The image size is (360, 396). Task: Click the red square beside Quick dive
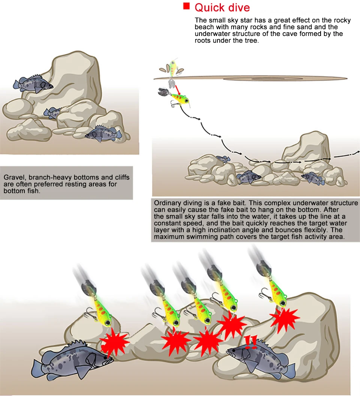coord(186,6)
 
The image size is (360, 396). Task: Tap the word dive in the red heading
coord(238,7)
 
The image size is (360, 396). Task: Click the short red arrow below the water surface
coord(177,90)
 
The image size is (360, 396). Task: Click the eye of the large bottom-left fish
coord(105,358)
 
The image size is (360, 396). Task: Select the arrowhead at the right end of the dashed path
coord(358,152)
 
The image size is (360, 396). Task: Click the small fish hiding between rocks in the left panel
coord(52,113)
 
